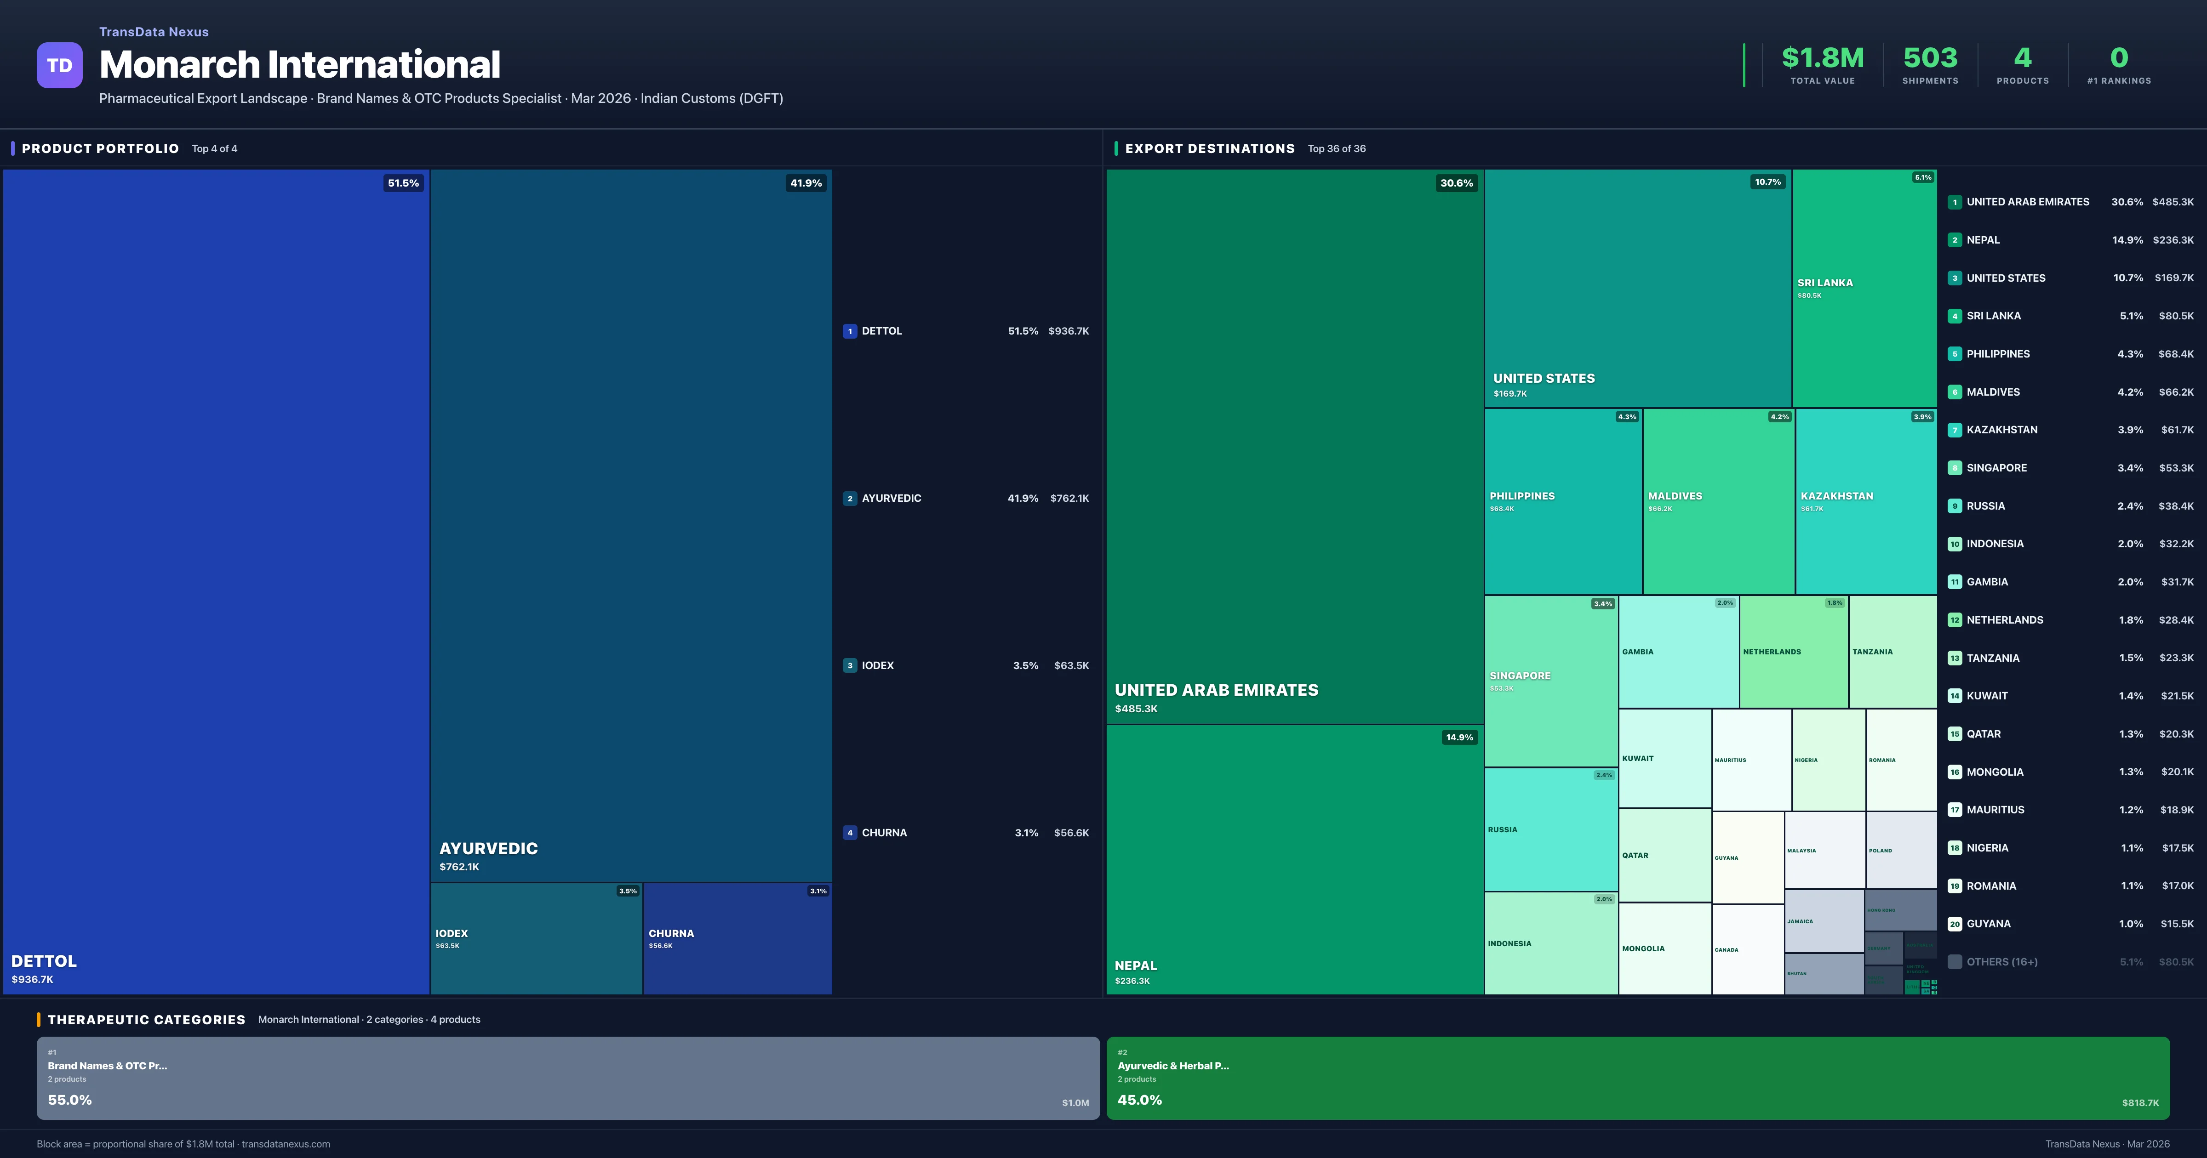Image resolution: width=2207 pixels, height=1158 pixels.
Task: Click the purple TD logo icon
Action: point(59,65)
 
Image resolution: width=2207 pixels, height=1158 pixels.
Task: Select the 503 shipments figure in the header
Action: point(1929,58)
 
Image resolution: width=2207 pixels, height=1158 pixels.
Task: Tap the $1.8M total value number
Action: point(1822,58)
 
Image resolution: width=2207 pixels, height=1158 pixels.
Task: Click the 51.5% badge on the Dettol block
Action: point(403,183)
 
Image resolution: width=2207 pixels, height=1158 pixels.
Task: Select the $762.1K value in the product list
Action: point(1069,499)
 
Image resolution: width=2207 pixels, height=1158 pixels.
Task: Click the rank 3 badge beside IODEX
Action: point(850,665)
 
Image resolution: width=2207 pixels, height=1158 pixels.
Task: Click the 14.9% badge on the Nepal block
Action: point(1459,738)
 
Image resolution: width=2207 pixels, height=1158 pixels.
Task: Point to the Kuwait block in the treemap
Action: point(1664,759)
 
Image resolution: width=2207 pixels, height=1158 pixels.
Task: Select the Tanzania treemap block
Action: point(1892,652)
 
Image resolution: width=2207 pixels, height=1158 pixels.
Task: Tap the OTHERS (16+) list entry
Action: point(2001,962)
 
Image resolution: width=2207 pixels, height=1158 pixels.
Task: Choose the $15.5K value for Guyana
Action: point(2176,924)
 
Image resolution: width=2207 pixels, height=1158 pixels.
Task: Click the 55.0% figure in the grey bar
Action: point(69,1100)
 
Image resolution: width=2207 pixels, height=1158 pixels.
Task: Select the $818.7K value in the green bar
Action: point(2139,1103)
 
